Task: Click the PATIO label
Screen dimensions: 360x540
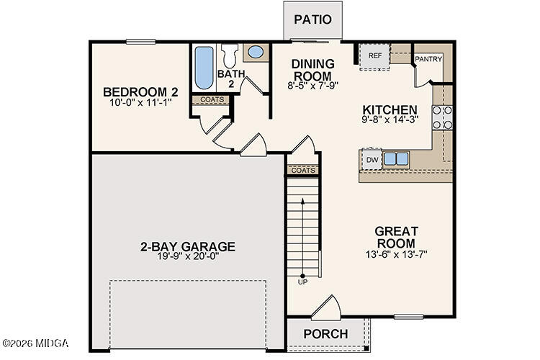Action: [x=312, y=19]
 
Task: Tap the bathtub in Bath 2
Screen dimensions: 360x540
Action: [x=203, y=68]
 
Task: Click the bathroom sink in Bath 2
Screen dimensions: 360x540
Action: [x=256, y=52]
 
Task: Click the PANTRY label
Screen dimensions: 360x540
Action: [x=428, y=59]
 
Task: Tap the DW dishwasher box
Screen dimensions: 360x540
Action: [x=372, y=159]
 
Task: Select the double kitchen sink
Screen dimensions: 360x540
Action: [x=395, y=158]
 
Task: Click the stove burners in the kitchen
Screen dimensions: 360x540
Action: [x=442, y=117]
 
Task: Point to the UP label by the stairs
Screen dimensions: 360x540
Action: [x=302, y=282]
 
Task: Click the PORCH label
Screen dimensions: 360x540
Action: [x=325, y=334]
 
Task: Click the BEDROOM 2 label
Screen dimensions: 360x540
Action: [x=140, y=92]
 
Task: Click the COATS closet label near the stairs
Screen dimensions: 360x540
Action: [x=303, y=170]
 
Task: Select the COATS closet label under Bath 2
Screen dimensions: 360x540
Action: [x=212, y=99]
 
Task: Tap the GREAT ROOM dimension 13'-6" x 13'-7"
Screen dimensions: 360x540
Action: [x=396, y=254]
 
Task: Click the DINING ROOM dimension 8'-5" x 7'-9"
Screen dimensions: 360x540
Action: [x=312, y=85]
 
